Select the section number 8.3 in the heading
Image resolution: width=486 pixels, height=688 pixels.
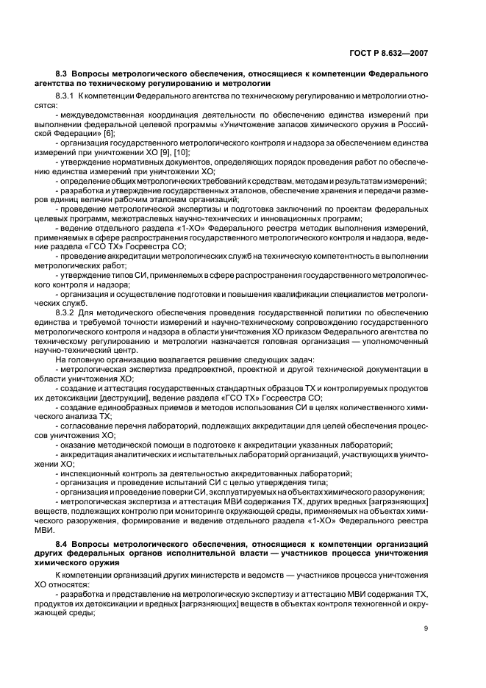pos(63,76)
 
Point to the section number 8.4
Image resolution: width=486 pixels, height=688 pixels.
pos(63,542)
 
